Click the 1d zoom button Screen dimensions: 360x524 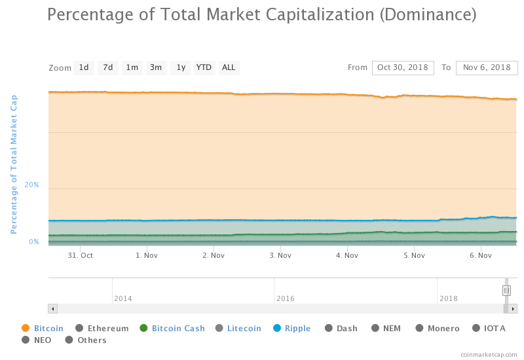point(84,67)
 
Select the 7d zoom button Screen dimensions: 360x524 point(108,67)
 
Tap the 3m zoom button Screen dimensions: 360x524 point(156,67)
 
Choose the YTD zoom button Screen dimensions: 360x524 point(204,67)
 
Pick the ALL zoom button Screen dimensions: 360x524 point(229,67)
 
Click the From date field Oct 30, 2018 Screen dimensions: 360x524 point(402,67)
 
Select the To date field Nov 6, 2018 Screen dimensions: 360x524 point(487,67)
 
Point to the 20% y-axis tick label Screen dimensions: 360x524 point(31,185)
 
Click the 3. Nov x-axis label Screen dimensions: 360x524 point(280,255)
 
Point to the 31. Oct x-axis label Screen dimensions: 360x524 point(81,255)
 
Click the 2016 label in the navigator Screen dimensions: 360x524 point(286,298)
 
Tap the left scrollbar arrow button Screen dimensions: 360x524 point(53,308)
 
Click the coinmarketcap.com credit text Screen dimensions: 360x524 point(489,354)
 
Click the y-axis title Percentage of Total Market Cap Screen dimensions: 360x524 point(14,164)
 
